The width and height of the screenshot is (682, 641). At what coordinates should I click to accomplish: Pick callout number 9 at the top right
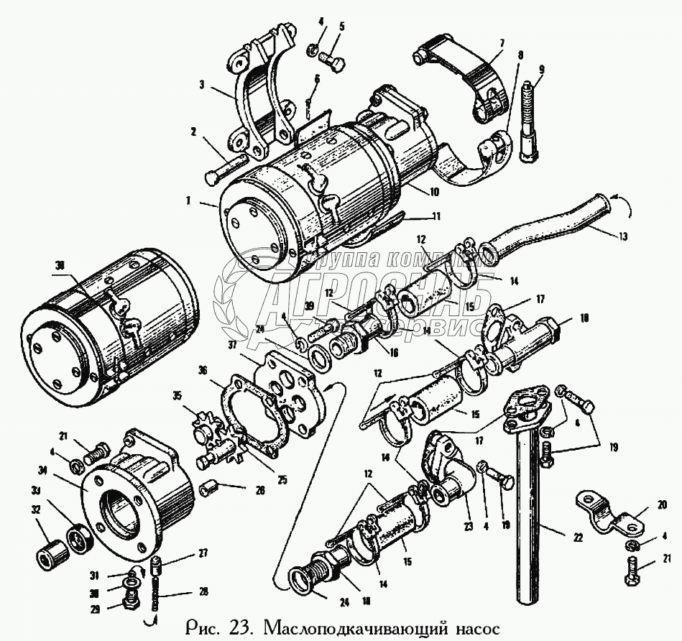542,70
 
